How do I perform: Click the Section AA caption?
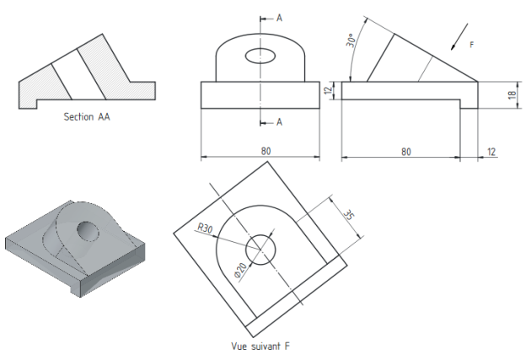click(87, 117)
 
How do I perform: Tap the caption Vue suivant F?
click(260, 346)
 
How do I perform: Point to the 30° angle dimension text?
click(351, 40)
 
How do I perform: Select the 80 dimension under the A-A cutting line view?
click(265, 151)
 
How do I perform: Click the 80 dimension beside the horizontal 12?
click(406, 152)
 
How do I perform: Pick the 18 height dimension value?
click(512, 94)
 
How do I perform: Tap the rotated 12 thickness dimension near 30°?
click(328, 90)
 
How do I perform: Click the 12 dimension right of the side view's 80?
click(491, 152)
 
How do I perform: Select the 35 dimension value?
click(348, 215)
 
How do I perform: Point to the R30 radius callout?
click(205, 228)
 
